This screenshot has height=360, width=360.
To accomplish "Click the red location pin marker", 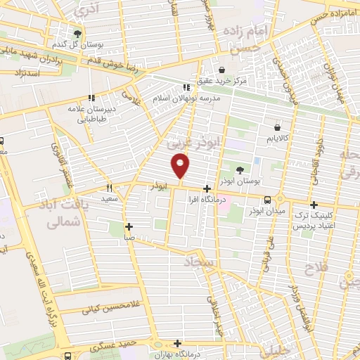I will (x=181, y=167).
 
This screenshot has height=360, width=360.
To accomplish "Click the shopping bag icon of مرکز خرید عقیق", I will (x=223, y=70).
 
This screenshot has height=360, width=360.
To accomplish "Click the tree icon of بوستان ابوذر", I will (x=240, y=170).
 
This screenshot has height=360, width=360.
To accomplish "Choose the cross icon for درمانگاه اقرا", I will (x=207, y=188).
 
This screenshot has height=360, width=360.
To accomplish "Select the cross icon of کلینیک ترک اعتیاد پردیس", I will (x=314, y=205).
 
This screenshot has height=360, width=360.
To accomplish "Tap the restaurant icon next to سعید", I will (x=109, y=187).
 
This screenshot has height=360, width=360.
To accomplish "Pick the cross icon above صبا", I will (x=129, y=226).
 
